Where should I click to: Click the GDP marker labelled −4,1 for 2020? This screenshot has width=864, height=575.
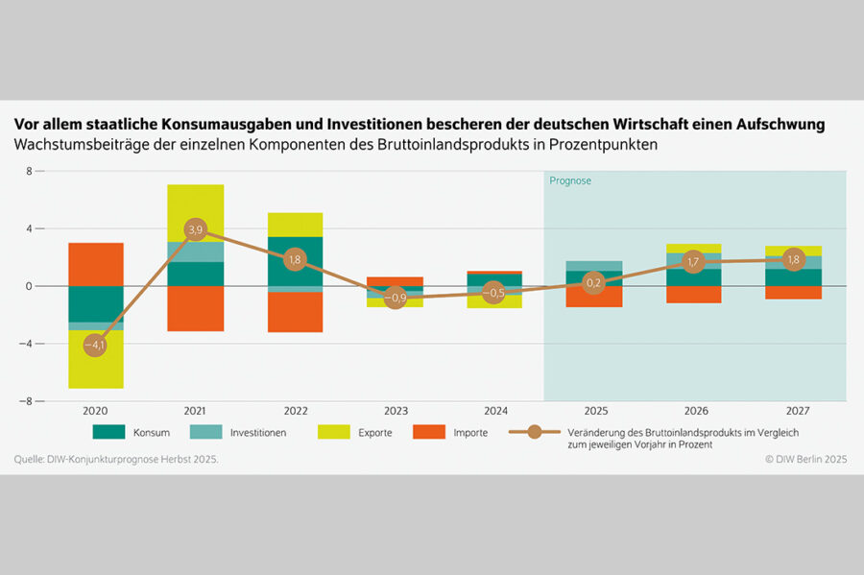pyautogui.click(x=95, y=344)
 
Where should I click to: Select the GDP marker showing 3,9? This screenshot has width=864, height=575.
pyautogui.click(x=196, y=230)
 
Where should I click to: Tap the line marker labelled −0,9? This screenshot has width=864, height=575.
pyautogui.click(x=395, y=298)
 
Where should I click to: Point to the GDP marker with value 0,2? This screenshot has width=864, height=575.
pyautogui.click(x=594, y=283)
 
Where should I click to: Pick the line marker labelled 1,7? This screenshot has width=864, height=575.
pyautogui.click(x=694, y=261)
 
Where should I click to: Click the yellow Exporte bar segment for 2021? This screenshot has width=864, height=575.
pyautogui.click(x=196, y=212)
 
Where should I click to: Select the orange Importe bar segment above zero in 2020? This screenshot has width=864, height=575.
pyautogui.click(x=95, y=264)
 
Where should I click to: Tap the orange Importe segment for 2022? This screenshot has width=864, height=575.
pyautogui.click(x=296, y=312)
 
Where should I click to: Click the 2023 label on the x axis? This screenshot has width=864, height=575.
pyautogui.click(x=395, y=411)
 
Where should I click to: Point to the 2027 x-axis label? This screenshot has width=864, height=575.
pyautogui.click(x=794, y=411)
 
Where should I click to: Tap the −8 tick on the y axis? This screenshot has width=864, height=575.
pyautogui.click(x=29, y=400)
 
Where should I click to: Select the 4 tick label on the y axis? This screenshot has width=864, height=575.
pyautogui.click(x=29, y=228)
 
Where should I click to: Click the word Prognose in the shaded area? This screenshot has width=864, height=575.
pyautogui.click(x=570, y=180)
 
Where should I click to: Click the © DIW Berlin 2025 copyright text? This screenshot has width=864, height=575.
pyautogui.click(x=805, y=460)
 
